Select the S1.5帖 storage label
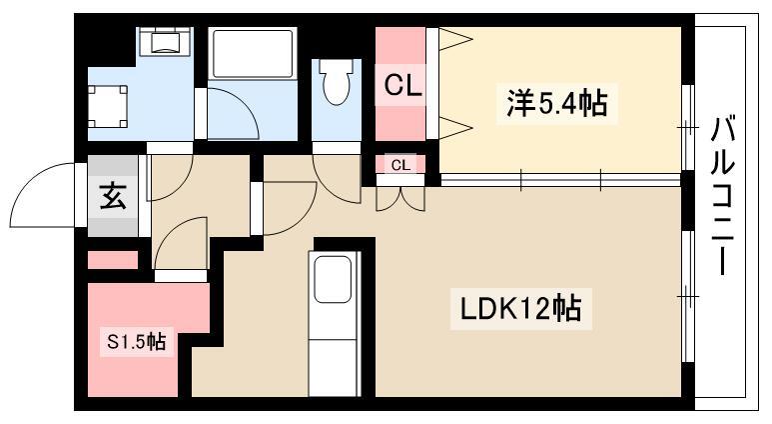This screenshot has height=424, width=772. coord(136,342)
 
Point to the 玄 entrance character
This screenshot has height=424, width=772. coord(112,198)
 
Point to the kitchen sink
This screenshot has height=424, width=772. coord(331,279)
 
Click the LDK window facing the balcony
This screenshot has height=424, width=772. coord(687,296)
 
